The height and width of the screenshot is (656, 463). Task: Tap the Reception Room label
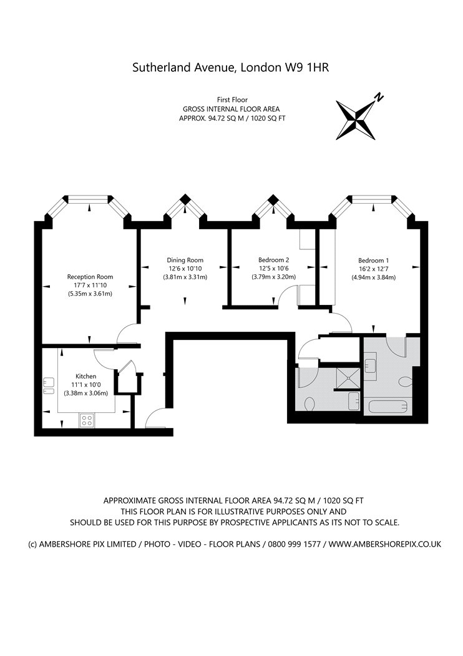[90, 277]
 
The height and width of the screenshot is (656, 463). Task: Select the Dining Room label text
[185, 260]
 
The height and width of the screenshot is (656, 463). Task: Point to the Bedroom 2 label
[273, 260]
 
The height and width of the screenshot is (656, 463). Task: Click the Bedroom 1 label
[373, 261]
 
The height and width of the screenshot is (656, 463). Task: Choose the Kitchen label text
[85, 376]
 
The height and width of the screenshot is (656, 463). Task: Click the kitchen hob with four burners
[86, 421]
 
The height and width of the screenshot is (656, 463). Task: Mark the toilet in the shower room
[310, 404]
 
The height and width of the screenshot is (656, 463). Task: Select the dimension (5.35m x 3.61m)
[90, 294]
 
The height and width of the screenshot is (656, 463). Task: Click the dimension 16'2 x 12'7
[373, 269]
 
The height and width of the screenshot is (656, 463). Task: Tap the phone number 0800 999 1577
[294, 544]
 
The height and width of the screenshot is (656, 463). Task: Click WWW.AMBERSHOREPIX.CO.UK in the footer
[384, 544]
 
